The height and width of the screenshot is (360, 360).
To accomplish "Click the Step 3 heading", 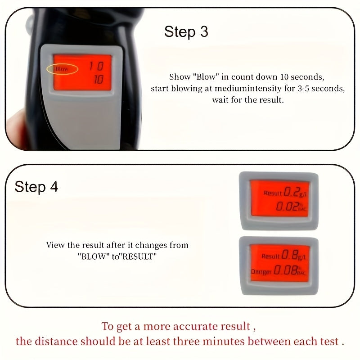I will (186, 32).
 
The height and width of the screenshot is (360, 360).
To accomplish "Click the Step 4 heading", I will (36, 187).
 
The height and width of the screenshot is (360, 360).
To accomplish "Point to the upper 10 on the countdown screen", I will (95, 67).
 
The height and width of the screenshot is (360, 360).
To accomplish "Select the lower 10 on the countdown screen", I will (98, 80).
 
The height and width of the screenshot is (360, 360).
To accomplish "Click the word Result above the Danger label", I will (271, 256).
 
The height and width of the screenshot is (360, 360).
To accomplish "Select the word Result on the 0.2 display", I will (273, 193).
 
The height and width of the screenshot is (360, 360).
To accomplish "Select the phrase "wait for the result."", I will (248, 100).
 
